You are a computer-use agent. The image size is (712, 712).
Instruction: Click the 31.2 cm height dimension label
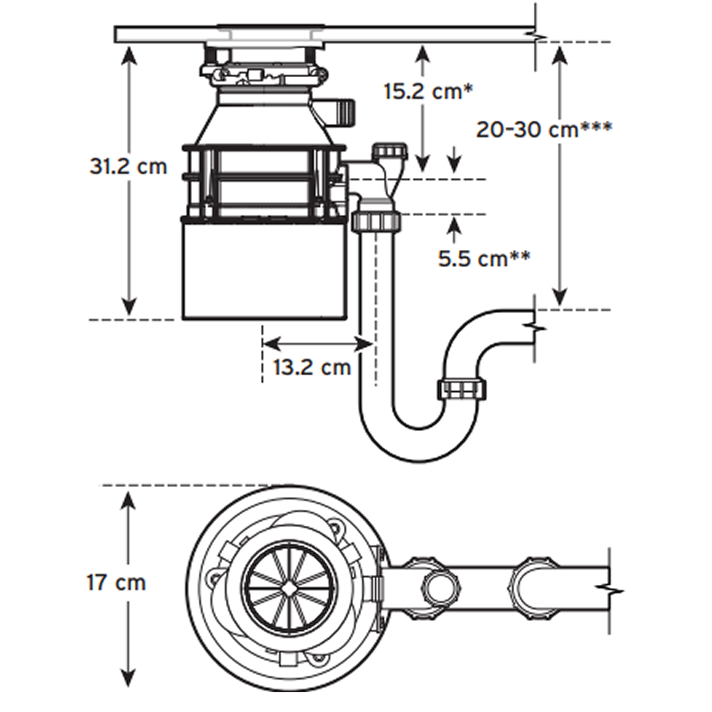(129, 166)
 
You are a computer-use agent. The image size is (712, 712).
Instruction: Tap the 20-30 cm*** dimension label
(544, 129)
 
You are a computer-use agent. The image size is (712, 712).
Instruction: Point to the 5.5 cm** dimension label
(485, 258)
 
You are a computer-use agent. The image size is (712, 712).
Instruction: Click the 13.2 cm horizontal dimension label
(312, 367)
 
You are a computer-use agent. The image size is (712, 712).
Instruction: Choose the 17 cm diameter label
(116, 583)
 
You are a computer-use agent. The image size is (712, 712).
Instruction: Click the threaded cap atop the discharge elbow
(390, 152)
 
